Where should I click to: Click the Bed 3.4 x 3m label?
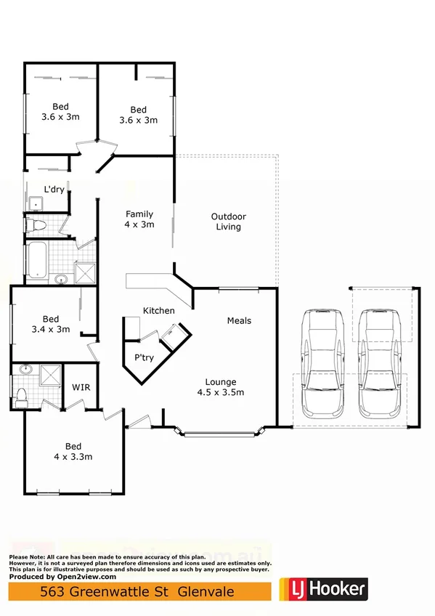tap(51, 324)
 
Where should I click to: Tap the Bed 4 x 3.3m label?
tap(73, 451)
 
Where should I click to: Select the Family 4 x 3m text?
tap(139, 219)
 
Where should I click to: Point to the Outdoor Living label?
tap(228, 222)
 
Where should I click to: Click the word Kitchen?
tap(158, 311)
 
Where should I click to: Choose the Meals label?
tap(239, 320)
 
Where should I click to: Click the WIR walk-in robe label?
tap(80, 387)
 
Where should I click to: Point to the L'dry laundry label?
tap(54, 190)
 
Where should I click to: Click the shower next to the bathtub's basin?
tap(85, 272)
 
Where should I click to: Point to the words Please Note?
tap(25, 556)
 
